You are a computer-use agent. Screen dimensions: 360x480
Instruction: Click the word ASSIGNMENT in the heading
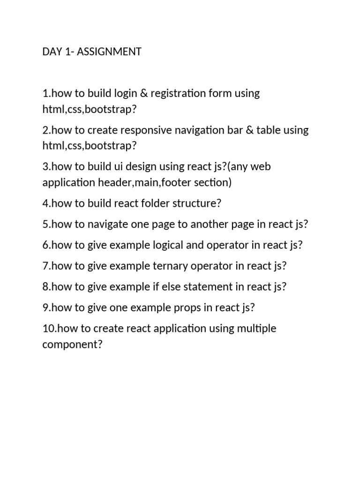[109, 52]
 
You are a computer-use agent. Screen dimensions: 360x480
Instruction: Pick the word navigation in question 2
[199, 130]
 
